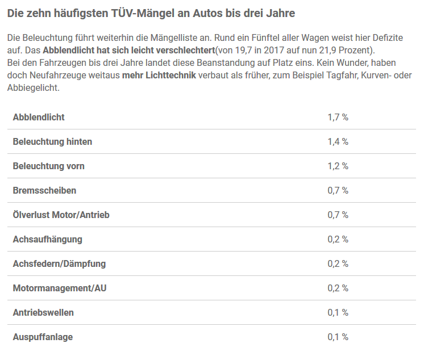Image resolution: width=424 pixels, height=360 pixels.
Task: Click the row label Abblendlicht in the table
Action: tap(39, 117)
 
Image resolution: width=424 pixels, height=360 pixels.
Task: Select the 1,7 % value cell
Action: tap(338, 117)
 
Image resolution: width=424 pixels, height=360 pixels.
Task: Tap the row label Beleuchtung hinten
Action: tap(52, 141)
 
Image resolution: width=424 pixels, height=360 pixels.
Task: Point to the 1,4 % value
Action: tap(338, 141)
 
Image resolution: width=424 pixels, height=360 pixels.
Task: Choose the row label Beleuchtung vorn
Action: tap(48, 166)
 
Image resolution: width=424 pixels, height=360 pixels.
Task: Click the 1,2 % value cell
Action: tap(338, 166)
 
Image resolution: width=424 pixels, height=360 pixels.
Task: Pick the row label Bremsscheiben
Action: tap(44, 190)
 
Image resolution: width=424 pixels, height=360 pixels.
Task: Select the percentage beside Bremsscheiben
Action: tap(338, 190)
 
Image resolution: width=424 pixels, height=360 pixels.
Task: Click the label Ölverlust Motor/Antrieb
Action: tap(61, 215)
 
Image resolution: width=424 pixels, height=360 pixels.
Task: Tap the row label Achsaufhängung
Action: tap(47, 239)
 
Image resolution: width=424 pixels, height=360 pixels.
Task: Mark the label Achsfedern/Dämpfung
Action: tap(59, 263)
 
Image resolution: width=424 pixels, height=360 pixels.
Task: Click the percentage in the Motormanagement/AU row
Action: tap(338, 288)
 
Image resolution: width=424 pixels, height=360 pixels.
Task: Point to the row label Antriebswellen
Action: tap(43, 312)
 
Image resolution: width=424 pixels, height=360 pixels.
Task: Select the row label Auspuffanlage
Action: tap(43, 337)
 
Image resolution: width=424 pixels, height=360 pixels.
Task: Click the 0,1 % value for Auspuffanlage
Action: tap(338, 337)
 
